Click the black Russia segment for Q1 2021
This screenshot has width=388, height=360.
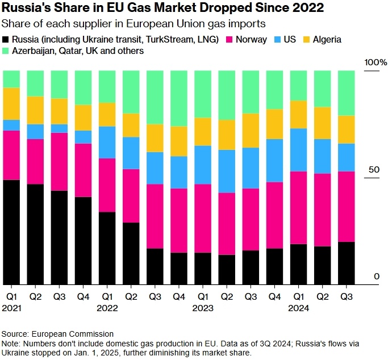click(11, 232)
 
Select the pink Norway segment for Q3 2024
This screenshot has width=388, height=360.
click(346, 206)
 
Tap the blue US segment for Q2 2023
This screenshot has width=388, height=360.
click(227, 171)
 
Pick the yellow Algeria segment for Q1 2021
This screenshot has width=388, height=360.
click(11, 103)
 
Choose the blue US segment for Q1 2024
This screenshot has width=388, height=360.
click(298, 150)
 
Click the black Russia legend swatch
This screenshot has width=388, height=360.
click(6, 40)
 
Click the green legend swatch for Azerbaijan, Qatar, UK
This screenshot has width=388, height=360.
click(6, 51)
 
